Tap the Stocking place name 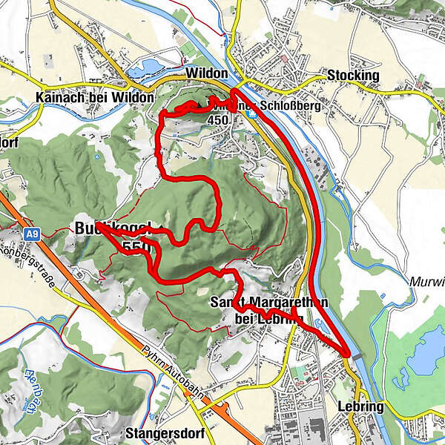click(x=352, y=76)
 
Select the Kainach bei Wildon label click(x=94, y=97)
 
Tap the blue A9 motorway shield click(x=30, y=234)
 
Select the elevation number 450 click(x=219, y=119)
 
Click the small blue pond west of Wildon click(x=145, y=69)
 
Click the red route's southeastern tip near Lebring click(x=347, y=354)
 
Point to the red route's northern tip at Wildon click(x=235, y=90)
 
